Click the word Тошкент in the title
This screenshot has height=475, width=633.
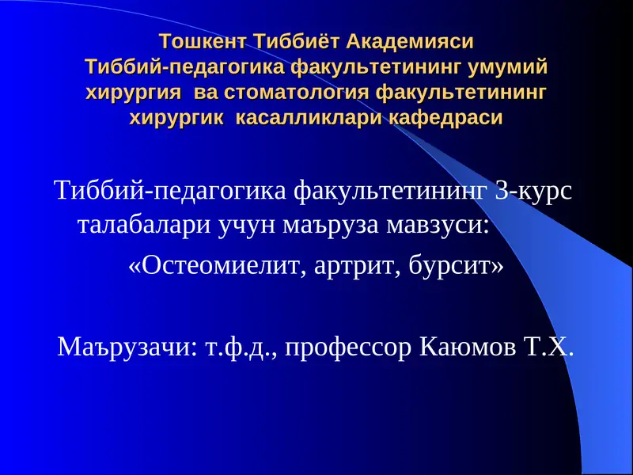coord(202,40)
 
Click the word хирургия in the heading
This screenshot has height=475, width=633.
coord(135,92)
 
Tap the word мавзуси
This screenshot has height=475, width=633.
coord(436,225)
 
